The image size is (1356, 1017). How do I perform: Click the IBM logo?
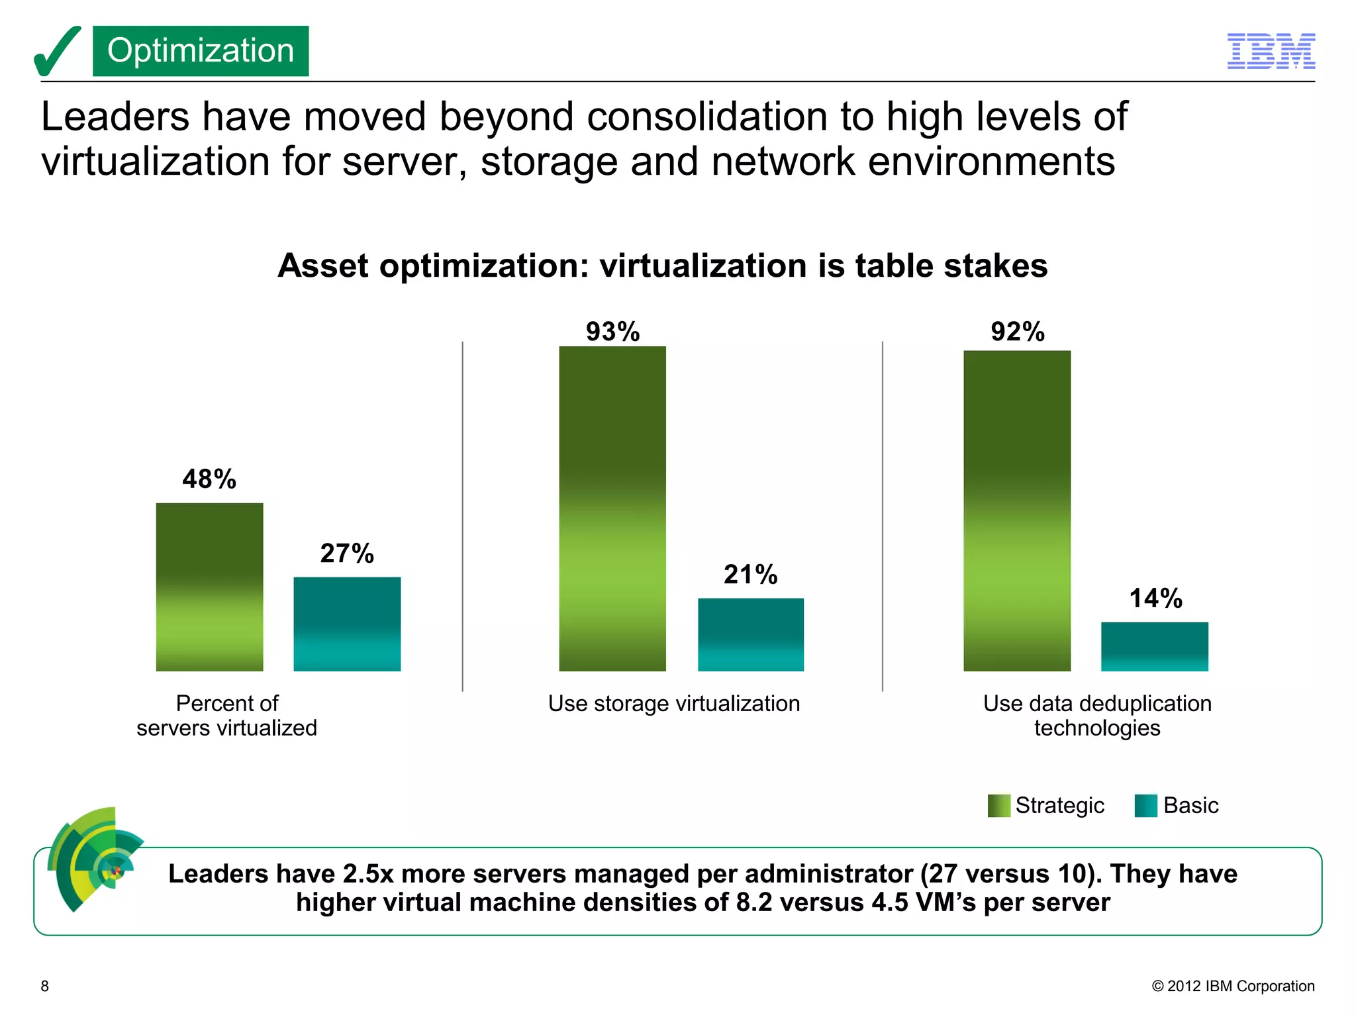click(1271, 51)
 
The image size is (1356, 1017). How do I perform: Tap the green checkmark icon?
click(57, 52)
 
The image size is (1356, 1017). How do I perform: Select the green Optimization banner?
click(201, 51)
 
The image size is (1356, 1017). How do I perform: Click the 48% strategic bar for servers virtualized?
click(209, 587)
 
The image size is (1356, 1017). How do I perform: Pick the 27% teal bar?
click(347, 624)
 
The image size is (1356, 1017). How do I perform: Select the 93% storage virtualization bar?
click(612, 508)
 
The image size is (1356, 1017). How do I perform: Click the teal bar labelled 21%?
click(750, 634)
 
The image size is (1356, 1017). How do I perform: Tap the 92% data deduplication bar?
click(1017, 510)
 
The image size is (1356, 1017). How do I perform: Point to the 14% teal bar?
click(1154, 646)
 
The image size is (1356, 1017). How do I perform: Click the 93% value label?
click(612, 332)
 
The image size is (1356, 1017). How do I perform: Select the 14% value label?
click(1155, 599)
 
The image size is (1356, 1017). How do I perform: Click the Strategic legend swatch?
click(998, 806)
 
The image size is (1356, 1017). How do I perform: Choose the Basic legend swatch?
click(1145, 806)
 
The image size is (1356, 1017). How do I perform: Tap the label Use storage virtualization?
click(673, 703)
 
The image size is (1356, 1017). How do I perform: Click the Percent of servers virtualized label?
click(226, 716)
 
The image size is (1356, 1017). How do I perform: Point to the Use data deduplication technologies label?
click(1097, 716)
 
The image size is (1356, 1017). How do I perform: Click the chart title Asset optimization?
click(662, 266)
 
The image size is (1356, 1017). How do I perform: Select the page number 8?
click(45, 986)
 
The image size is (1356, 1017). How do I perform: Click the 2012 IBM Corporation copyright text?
click(1233, 986)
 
